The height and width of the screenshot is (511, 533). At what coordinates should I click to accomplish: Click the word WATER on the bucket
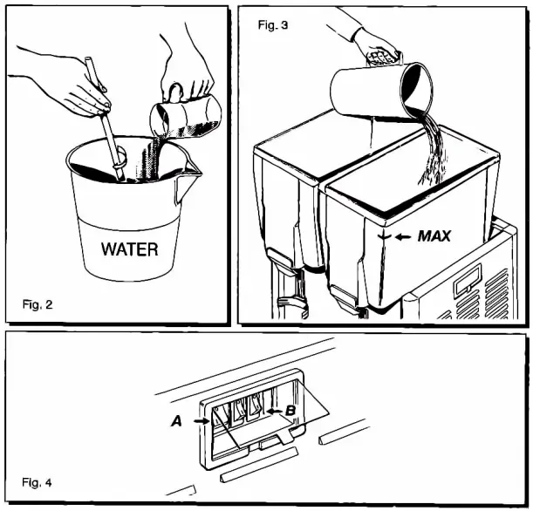point(129,249)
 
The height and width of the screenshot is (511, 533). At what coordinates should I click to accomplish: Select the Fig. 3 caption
point(272,25)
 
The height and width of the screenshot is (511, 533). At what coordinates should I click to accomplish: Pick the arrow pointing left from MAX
point(402,235)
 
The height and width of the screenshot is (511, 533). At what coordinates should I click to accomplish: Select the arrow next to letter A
point(202,419)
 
